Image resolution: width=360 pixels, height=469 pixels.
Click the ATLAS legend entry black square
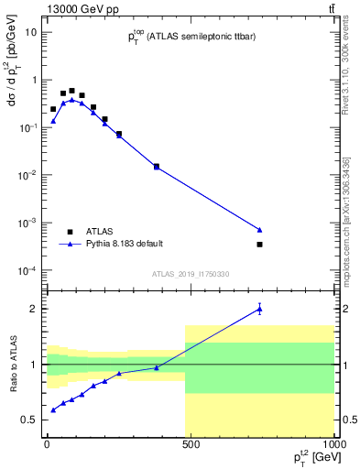[x=70, y=232]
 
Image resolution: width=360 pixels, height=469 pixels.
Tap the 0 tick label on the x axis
[x=46, y=444]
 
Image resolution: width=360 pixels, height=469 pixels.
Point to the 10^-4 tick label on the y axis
[x=27, y=271]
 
